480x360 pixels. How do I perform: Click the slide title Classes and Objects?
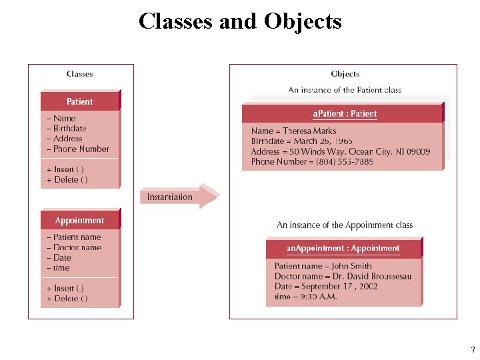240,21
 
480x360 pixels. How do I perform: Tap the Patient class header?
80,101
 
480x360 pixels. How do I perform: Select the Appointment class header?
80,221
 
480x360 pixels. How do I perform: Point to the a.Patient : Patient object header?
344,113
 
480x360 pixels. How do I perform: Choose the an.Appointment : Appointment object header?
343,248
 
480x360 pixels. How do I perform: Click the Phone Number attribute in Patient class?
78,149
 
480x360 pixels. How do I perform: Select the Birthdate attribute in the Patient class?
67,128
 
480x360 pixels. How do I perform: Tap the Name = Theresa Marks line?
293,131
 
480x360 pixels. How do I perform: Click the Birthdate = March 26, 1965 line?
302,141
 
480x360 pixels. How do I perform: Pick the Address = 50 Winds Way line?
340,151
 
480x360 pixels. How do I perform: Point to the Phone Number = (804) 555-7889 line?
312,161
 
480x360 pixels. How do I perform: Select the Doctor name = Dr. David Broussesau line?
343,276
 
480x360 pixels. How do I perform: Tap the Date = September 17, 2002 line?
326,286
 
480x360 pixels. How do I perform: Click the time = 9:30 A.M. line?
305,297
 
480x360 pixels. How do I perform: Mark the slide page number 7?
473,350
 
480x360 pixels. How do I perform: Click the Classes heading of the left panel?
80,74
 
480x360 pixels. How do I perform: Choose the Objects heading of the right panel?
345,74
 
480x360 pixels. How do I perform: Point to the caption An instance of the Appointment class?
345,225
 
